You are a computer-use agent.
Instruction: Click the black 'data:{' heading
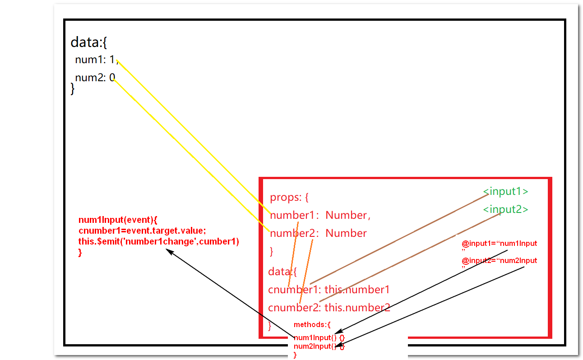point(88,42)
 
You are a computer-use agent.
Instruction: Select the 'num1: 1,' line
point(96,60)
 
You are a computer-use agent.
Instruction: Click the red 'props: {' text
point(289,197)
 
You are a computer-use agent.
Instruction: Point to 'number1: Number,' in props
point(320,215)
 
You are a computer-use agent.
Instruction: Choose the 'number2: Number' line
point(318,233)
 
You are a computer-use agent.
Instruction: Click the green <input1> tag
point(505,191)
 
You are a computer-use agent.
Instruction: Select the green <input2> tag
point(505,209)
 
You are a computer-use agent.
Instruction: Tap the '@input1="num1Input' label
point(499,244)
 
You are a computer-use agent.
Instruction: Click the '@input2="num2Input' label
point(499,261)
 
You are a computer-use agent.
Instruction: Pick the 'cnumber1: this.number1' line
point(329,290)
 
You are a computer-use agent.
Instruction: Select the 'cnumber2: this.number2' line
point(329,308)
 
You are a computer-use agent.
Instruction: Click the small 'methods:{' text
point(312,324)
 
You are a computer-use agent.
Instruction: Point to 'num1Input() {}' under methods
point(319,337)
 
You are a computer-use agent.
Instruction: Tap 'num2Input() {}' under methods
point(319,346)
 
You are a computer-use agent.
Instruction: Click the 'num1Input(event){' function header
point(118,220)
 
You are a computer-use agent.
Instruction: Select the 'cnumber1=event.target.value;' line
point(142,231)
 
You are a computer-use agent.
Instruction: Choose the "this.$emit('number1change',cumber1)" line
point(158,242)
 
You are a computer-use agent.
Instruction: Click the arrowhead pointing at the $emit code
point(169,251)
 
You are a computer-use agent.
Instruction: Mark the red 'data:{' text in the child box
point(282,272)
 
